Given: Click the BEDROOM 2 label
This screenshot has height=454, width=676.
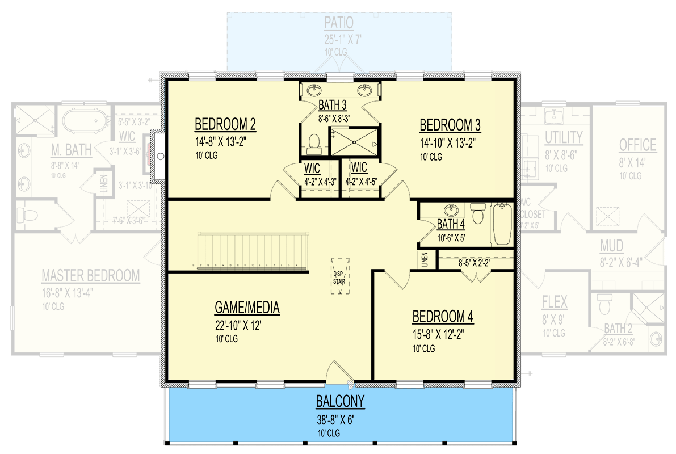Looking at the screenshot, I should point(224,124).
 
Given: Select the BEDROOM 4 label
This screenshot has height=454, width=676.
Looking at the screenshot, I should point(443,316).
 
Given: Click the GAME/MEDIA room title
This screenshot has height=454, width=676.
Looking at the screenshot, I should point(247,308).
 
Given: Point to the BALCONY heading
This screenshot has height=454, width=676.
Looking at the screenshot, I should point(340,402).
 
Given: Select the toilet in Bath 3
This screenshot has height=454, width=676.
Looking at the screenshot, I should point(313,144).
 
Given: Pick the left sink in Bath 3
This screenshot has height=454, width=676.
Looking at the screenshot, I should point(314,90).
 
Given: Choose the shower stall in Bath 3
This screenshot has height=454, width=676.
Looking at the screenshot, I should point(353,141).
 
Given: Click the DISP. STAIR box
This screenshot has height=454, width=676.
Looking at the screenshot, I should point(340,276).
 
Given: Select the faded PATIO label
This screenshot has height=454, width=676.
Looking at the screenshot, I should point(339,23).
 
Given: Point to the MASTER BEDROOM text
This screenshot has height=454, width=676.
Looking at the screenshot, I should point(90,276).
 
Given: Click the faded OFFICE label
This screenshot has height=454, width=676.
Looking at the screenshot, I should point(637,145).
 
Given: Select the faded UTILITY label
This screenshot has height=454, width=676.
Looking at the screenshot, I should point(563,137).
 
